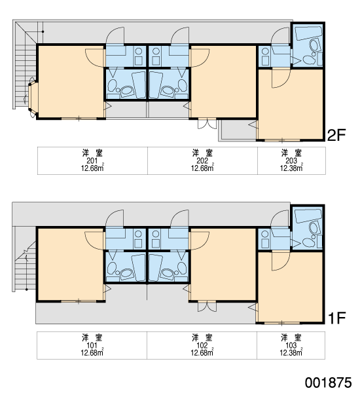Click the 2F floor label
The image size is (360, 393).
[336, 135]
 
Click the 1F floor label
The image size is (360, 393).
[336, 318]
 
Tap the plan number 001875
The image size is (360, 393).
[328, 383]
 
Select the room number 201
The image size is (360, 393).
[92, 160]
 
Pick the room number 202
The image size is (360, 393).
[202, 160]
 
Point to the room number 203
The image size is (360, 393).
[291, 160]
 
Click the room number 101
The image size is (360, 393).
[92, 345]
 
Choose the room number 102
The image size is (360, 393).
[202, 345]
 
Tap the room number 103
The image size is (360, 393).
[291, 345]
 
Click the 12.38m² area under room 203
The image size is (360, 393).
[291, 168]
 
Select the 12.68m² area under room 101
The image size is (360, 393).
[92, 352]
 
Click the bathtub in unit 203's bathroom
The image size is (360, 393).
[308, 33]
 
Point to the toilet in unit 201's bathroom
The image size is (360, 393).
[112, 85]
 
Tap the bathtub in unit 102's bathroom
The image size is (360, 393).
[155, 268]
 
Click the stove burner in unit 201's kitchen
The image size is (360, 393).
[138, 51]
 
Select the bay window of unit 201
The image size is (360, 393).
[33, 97]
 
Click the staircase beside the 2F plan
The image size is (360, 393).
[25, 65]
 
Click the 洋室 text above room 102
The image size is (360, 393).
[202, 337]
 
